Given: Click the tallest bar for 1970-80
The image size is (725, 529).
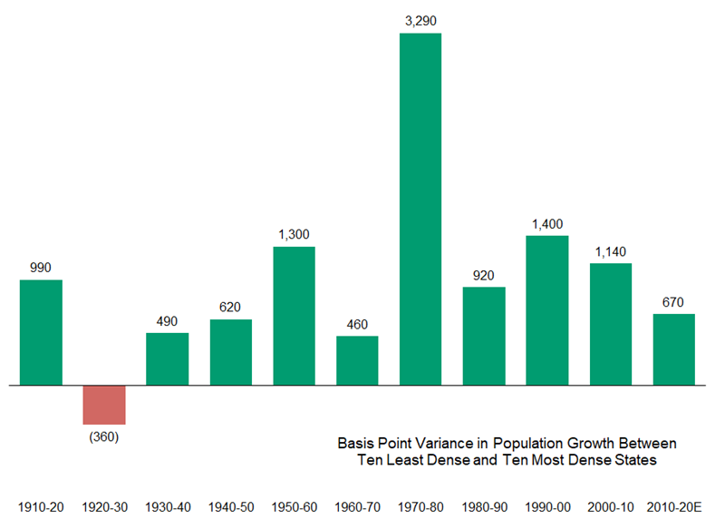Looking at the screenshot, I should pyautogui.click(x=420, y=209).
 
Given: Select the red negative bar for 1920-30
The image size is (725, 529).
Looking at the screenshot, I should pyautogui.click(x=104, y=405).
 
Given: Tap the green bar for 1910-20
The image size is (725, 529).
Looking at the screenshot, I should pyautogui.click(x=41, y=332).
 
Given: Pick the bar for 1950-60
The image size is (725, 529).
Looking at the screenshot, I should pyautogui.click(x=294, y=316).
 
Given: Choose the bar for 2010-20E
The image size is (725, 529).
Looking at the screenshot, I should pyautogui.click(x=673, y=349).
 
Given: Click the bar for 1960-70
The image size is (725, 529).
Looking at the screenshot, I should pyautogui.click(x=357, y=360).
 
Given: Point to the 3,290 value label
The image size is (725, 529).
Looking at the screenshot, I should pyautogui.click(x=420, y=19).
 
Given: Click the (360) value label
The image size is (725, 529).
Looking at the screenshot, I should pyautogui.click(x=104, y=436).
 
